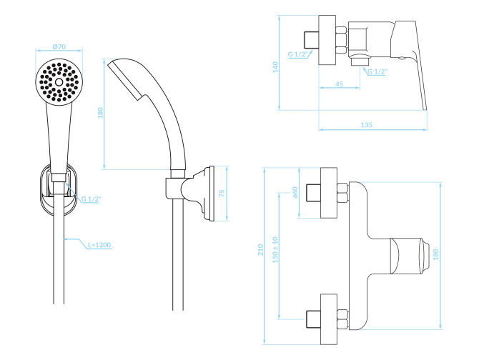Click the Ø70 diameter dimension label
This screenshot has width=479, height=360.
click(x=59, y=46)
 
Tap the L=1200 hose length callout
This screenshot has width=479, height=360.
click(x=99, y=245)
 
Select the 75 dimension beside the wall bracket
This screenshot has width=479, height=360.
click(x=222, y=193)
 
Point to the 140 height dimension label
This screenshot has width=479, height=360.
click(x=275, y=67)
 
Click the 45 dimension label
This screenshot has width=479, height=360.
click(x=340, y=84)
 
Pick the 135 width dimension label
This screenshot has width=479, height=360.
click(x=366, y=125)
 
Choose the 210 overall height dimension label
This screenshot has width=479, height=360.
click(x=260, y=250)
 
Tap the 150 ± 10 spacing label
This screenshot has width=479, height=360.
click(x=275, y=249)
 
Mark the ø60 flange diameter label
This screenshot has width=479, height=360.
click(x=295, y=193)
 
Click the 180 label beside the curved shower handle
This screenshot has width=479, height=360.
click(x=100, y=113)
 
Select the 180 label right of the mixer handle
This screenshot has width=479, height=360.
click(x=435, y=254)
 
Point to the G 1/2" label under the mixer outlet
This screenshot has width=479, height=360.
click(x=377, y=71)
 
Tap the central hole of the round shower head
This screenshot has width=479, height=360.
click(x=59, y=81)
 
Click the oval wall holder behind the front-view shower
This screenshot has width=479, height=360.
click(x=59, y=189)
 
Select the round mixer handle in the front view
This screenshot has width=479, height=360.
click(x=410, y=255)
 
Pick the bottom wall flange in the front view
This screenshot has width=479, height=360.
click(x=329, y=319)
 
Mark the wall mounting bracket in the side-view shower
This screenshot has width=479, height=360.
click(x=197, y=194)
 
